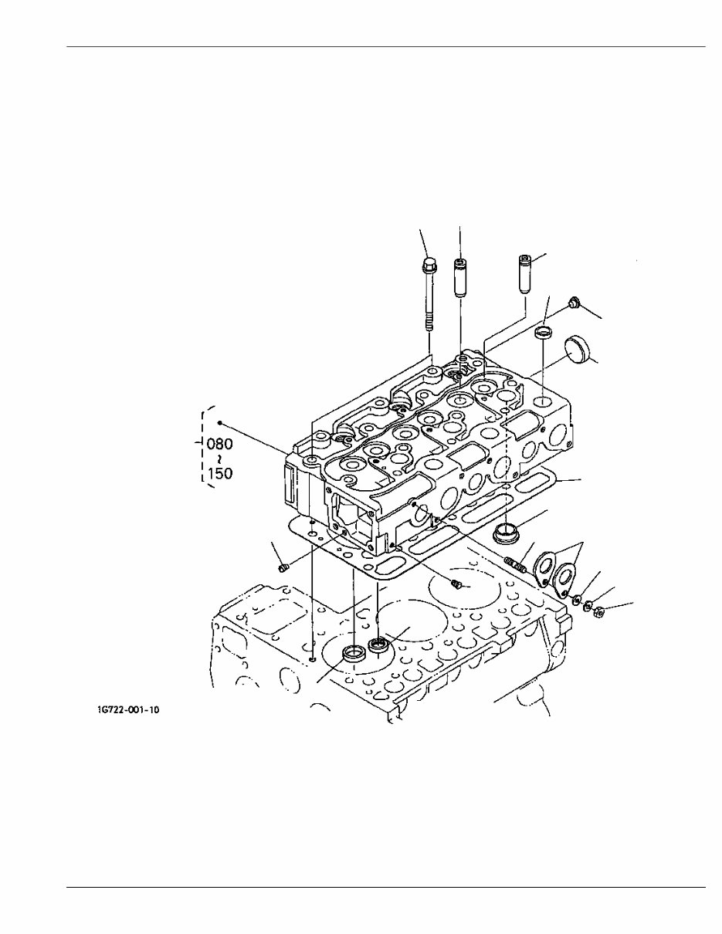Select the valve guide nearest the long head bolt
click(x=460, y=279)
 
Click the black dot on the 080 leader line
click(x=220, y=423)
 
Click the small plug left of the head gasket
click(x=282, y=568)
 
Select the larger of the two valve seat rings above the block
click(x=354, y=653)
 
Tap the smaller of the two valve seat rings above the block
click(x=379, y=645)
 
